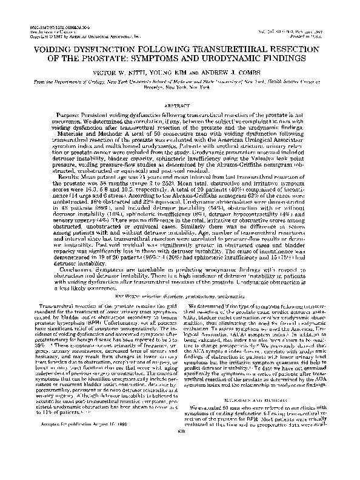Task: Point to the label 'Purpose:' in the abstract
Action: coord(70,115)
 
